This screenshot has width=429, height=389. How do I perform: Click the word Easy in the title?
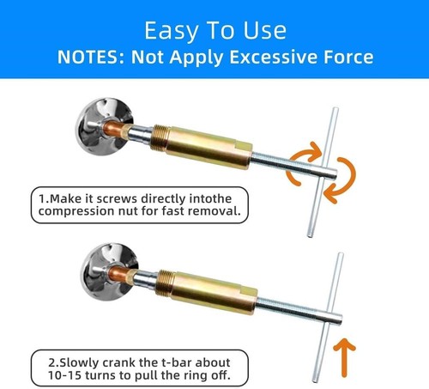pos(169,31)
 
